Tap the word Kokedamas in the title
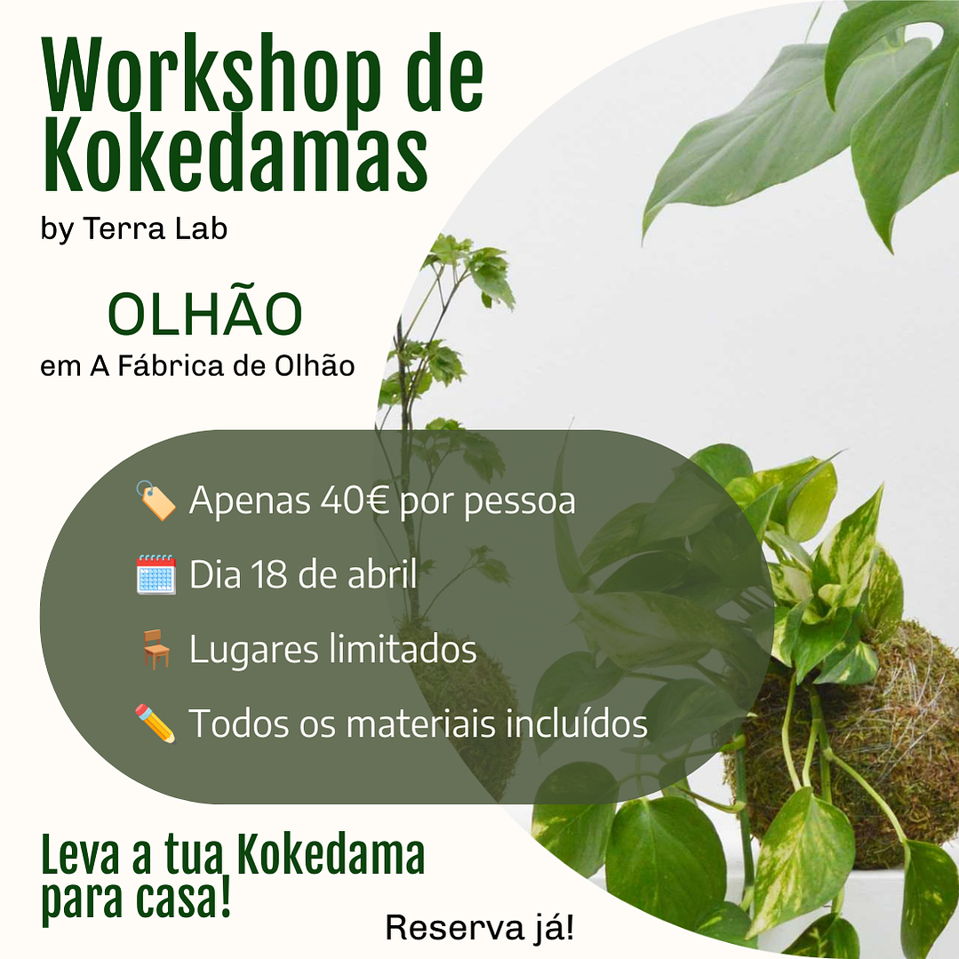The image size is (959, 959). coord(236,160)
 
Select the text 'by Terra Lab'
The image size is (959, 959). coord(134,228)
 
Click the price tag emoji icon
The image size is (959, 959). coord(156,500)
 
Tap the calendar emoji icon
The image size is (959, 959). coord(156,575)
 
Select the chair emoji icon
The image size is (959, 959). coord(156,650)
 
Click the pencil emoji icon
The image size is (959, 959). coord(156,723)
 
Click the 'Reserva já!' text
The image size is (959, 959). coord(479,928)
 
